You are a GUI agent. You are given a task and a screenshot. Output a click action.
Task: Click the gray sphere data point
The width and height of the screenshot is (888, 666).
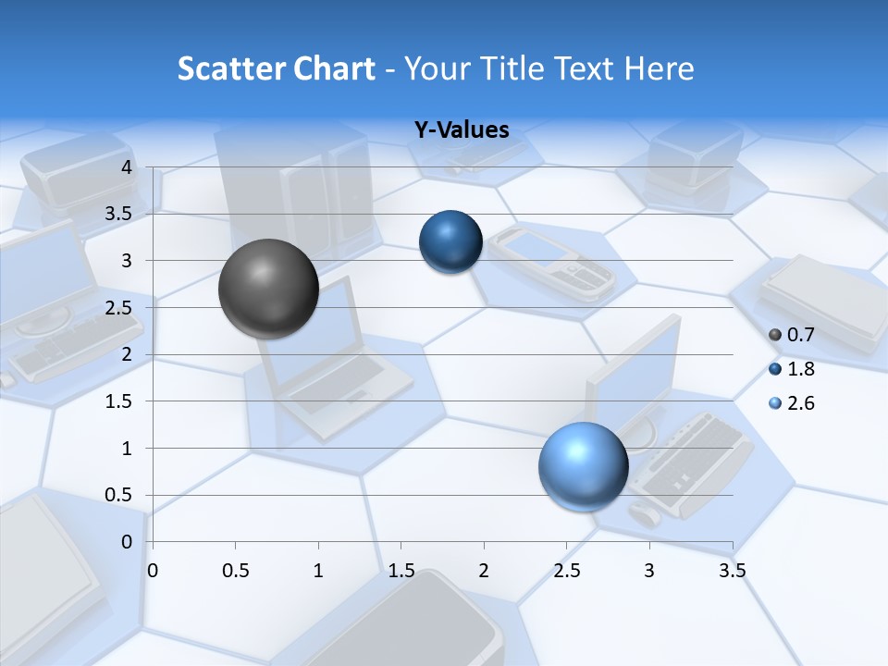coord(269,289)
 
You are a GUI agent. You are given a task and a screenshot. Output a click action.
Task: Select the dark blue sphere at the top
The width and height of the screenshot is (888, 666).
coord(451,242)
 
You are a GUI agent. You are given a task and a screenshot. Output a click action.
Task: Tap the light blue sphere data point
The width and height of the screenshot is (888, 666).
coord(583,466)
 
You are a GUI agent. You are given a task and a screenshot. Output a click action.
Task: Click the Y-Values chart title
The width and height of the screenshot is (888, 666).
coord(461,130)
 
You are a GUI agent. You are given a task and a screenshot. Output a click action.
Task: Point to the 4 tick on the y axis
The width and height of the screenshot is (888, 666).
coord(127,167)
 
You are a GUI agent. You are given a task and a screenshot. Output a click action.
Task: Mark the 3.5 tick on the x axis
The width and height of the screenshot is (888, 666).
coord(732,571)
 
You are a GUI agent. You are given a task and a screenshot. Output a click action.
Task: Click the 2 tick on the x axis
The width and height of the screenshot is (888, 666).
coord(484,571)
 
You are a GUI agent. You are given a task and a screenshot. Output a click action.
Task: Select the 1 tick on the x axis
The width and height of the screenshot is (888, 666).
coord(318,571)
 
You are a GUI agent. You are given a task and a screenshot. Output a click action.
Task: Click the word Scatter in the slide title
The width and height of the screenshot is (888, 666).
coord(228,68)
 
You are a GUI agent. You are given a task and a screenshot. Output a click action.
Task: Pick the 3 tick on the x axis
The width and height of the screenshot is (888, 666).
coord(649,571)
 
